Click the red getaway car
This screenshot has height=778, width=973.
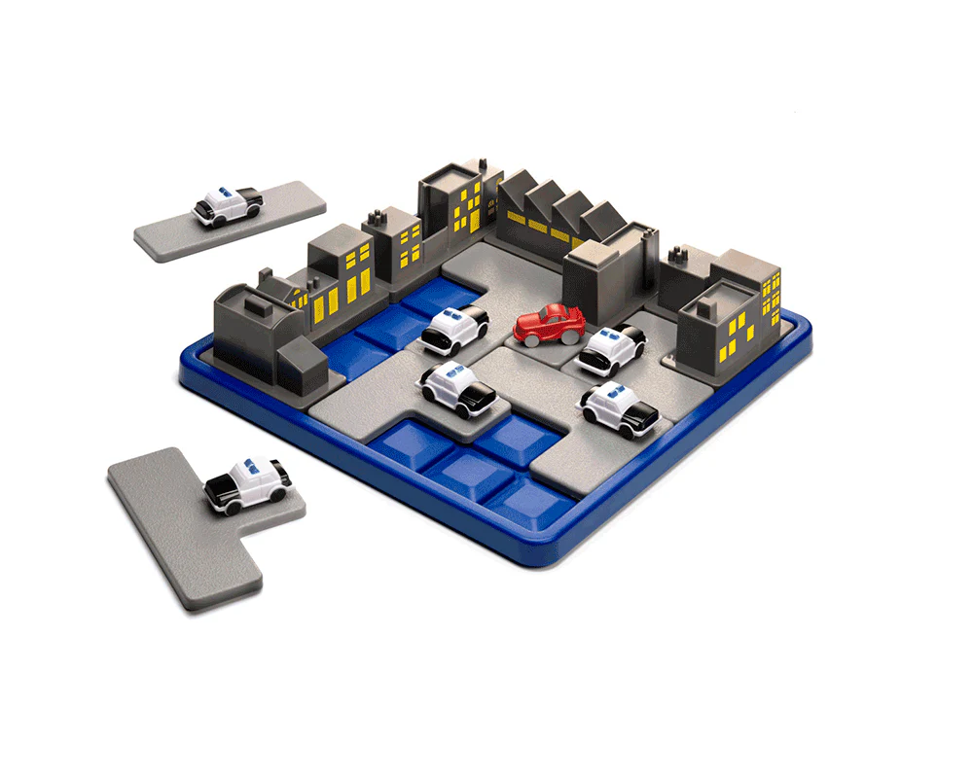click(550, 325)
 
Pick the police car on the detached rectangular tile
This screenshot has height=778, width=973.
click(228, 204)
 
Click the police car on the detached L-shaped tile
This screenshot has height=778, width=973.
click(248, 483)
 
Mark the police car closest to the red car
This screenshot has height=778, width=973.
click(610, 348)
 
